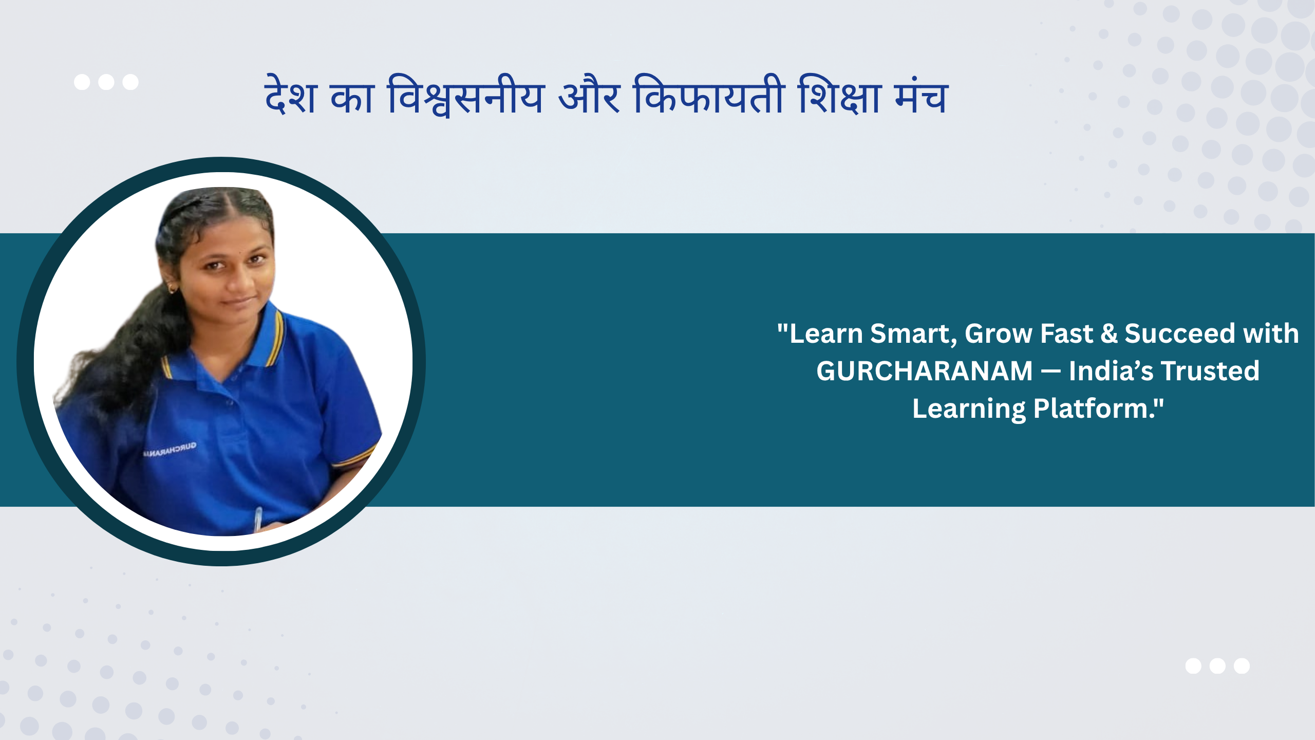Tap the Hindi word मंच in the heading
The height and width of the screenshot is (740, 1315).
[922, 96]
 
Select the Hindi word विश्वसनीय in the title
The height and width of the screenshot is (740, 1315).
[466, 96]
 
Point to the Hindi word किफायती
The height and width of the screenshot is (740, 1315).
[709, 95]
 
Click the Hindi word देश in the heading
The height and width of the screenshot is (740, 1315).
[290, 95]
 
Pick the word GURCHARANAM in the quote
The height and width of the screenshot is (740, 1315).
[925, 371]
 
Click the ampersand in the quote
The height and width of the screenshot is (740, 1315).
[1109, 334]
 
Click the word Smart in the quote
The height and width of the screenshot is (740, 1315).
[913, 334]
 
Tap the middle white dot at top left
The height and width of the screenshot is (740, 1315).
[106, 82]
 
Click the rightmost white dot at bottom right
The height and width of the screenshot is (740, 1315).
[1242, 666]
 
